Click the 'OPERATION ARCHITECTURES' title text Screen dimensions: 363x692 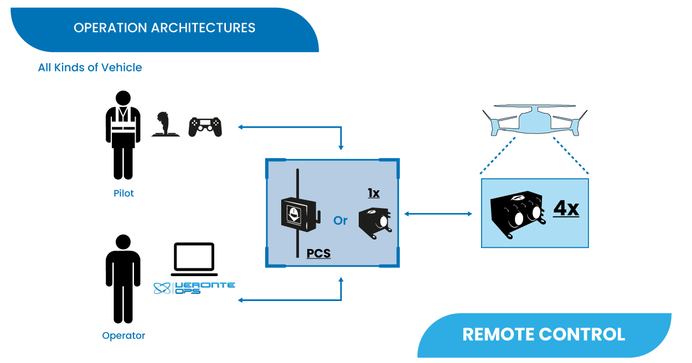point(164,28)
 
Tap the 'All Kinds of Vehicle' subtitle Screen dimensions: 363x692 point(90,68)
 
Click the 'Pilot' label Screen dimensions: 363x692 point(123,194)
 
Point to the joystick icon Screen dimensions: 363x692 point(166,125)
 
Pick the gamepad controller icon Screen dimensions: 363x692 point(205,127)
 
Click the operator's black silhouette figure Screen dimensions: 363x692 point(120,279)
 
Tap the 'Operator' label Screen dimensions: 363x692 point(123,335)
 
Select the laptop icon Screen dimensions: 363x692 point(193,259)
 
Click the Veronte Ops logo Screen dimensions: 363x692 point(194,288)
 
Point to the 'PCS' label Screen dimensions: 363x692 point(318,253)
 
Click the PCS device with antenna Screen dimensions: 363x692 point(299,214)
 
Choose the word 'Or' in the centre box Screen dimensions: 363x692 point(340,220)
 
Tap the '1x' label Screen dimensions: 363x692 point(374,194)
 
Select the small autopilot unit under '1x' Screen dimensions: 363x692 point(375,222)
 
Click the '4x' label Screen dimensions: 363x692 point(566,209)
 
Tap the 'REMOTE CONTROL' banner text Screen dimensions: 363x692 point(544,334)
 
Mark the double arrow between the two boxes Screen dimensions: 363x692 point(438,214)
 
